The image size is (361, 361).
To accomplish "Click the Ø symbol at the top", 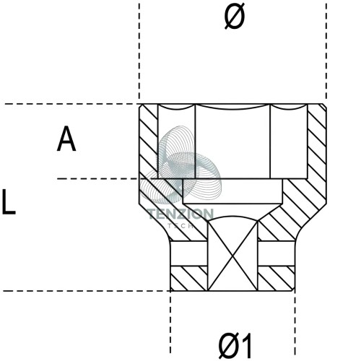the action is click(235, 17).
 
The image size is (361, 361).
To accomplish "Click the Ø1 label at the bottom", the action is click(235, 346).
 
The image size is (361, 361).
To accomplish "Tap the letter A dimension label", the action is click(66, 139).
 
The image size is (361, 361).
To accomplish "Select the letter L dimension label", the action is click(9, 201).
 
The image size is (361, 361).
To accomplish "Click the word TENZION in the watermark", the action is click(180, 214).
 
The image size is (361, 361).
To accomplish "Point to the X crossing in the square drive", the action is click(232, 256).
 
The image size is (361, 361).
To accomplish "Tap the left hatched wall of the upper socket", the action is click(149, 142).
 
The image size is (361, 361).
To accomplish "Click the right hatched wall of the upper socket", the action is click(317, 142).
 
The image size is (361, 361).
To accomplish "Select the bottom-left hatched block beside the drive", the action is click(188, 279).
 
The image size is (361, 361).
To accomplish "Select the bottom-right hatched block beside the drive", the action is click(277, 279).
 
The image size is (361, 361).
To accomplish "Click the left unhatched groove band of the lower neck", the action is click(188, 253).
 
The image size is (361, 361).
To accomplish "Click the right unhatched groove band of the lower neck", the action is click(277, 253).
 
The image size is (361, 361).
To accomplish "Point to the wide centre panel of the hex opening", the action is click(232, 143).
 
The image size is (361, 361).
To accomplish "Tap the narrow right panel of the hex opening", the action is click(289, 142).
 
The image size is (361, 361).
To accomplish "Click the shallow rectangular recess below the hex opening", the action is click(232, 191).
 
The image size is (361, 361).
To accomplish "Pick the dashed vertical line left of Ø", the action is click(139, 51).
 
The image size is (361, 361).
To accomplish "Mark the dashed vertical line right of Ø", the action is click(326, 51).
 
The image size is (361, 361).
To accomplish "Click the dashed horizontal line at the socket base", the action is click(87, 291).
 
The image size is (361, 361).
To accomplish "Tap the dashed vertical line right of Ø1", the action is click(295, 323).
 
